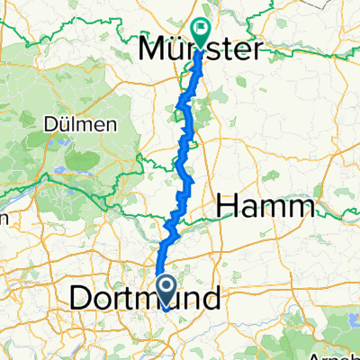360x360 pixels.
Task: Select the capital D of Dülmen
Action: (52, 125)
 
